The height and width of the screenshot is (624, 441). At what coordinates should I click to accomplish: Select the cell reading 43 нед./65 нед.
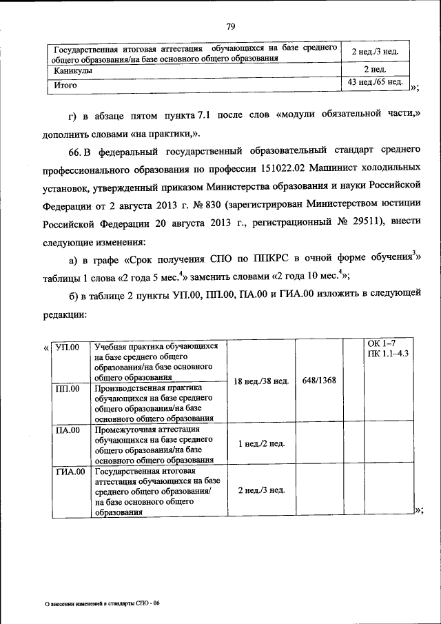[376, 83]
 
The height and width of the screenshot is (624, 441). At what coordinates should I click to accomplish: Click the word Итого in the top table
[65, 86]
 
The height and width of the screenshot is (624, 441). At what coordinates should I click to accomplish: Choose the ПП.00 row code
[68, 388]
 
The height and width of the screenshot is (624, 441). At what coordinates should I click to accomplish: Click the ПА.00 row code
[68, 430]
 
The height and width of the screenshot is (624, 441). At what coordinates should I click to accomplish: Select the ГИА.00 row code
[70, 472]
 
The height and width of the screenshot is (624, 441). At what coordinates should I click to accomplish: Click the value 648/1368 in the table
[319, 380]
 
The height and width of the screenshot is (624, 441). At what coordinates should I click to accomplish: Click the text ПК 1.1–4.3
[388, 353]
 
